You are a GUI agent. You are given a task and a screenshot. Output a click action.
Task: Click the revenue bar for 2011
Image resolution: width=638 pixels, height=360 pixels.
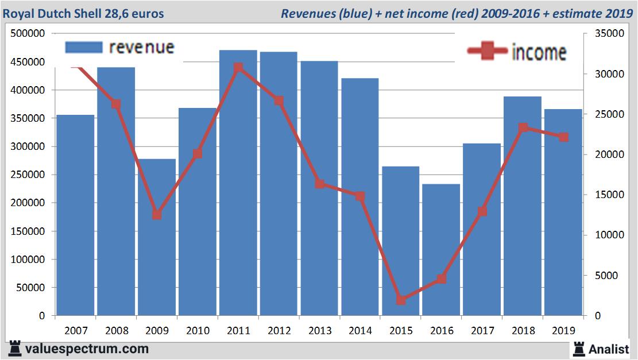pos(238,184)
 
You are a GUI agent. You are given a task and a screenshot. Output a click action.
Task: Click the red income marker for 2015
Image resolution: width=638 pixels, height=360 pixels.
pos(401,300)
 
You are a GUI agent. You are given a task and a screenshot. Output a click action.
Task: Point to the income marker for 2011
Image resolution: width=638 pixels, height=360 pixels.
pos(238,68)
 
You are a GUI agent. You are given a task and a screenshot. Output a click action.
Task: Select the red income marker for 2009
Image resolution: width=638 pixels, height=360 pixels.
pos(157,215)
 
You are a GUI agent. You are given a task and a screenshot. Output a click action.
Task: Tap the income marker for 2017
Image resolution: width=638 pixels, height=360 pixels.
pos(482,211)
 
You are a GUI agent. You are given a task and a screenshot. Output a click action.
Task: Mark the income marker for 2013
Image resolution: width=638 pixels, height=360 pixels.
pos(320,184)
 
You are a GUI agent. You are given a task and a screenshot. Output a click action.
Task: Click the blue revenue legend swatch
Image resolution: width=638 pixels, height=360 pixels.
pos(84,47)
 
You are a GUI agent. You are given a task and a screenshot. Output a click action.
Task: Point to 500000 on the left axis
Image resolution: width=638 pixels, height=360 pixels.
pos(28,34)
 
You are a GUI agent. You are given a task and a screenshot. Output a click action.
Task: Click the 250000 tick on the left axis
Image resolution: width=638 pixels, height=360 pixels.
pos(28,175)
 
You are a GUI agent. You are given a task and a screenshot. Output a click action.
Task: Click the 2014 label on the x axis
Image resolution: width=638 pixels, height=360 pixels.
pos(360,331)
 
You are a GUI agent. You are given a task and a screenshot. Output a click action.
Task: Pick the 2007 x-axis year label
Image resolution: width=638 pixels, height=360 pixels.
pos(76,331)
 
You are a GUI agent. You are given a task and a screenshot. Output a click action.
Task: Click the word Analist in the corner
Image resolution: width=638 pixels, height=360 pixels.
pos(609,349)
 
